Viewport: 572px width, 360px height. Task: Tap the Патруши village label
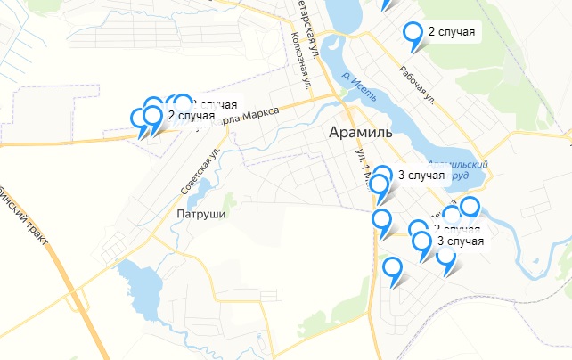tap(201, 215)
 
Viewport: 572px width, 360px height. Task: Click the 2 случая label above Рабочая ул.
tap(452, 33)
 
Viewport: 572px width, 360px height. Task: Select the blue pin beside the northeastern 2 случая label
tap(413, 33)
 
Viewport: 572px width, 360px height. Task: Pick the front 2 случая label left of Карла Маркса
tap(191, 115)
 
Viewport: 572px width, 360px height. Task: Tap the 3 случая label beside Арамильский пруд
tap(421, 175)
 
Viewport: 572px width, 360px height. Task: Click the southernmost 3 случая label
tap(461, 241)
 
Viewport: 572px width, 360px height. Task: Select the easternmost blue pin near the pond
tap(470, 208)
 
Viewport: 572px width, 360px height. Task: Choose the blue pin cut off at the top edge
tap(386, 3)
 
